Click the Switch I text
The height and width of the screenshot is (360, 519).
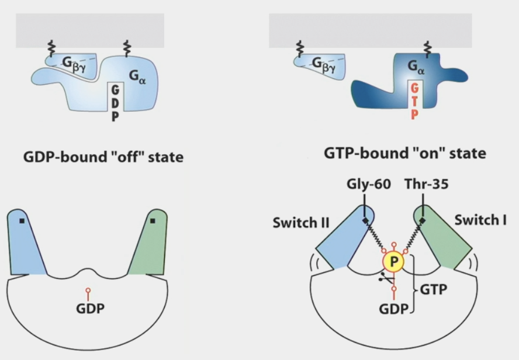click(x=480, y=220)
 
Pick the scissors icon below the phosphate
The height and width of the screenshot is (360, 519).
click(x=383, y=279)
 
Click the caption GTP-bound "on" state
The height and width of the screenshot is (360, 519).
click(x=404, y=154)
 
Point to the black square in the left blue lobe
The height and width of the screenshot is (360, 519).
click(x=22, y=221)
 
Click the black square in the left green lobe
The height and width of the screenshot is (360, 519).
click(x=153, y=221)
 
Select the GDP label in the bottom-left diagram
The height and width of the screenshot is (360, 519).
click(x=88, y=308)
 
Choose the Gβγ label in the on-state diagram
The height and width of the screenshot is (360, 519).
click(x=326, y=64)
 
